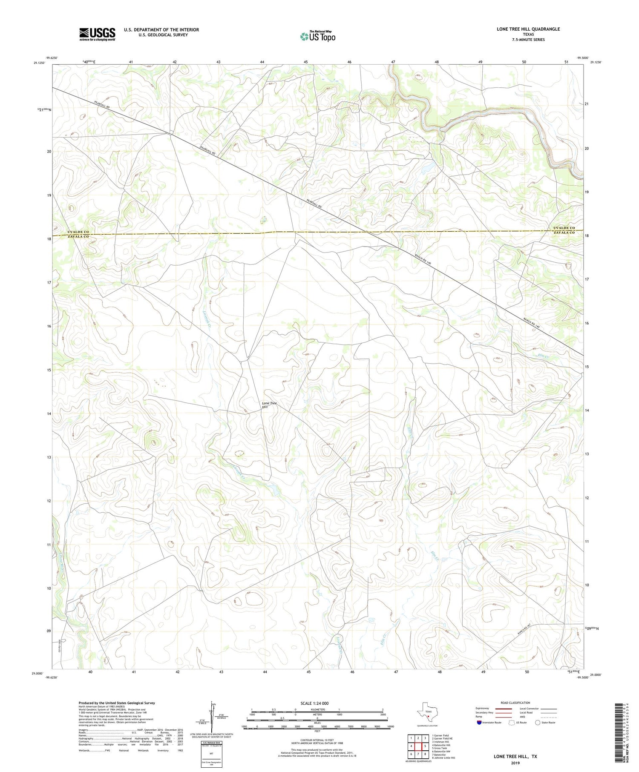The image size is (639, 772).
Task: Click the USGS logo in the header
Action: (x=97, y=34)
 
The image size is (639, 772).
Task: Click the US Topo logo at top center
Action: (x=317, y=36)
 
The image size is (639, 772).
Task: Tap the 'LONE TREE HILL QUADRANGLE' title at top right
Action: (x=528, y=29)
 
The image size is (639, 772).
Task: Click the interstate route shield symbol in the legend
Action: (x=479, y=722)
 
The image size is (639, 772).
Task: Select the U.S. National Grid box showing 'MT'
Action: (x=211, y=754)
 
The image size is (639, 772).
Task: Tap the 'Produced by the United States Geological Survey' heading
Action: (x=117, y=703)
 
